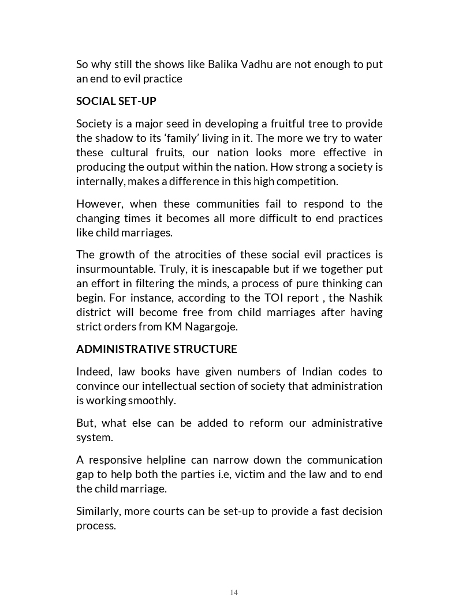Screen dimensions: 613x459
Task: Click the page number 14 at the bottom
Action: coord(234,592)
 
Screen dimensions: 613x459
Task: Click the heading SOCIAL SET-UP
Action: coord(116,101)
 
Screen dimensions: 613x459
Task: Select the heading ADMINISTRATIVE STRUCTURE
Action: coord(156,349)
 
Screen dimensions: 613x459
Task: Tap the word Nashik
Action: coord(364,298)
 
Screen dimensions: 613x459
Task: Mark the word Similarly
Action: coord(98,512)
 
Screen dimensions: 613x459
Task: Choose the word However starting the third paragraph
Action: coord(99,204)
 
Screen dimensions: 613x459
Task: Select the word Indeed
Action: coord(93,371)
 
